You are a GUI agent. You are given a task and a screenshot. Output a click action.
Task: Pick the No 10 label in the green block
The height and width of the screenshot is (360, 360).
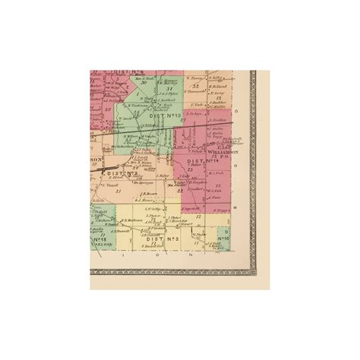click(x=223, y=240)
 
